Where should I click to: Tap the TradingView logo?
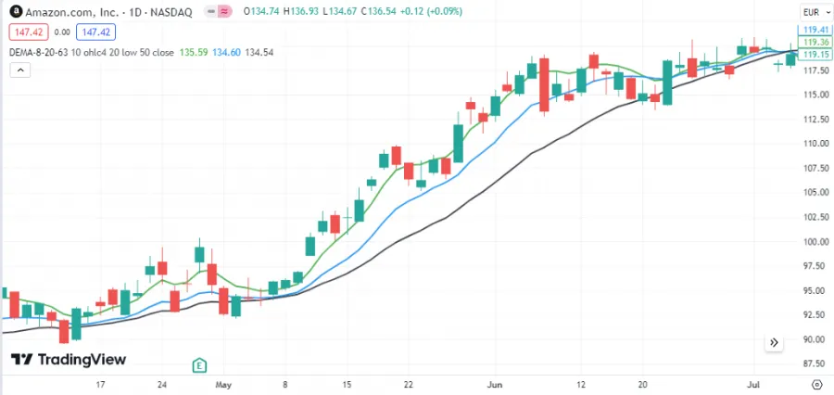[69, 360]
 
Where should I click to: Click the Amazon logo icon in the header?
[15, 11]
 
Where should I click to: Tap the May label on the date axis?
[222, 383]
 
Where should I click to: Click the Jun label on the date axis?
[495, 383]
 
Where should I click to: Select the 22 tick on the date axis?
[408, 383]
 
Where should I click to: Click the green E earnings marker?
[198, 364]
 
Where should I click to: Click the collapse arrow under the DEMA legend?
[20, 69]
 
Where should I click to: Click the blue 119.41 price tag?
[815, 30]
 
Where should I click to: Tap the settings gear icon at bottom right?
[815, 383]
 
